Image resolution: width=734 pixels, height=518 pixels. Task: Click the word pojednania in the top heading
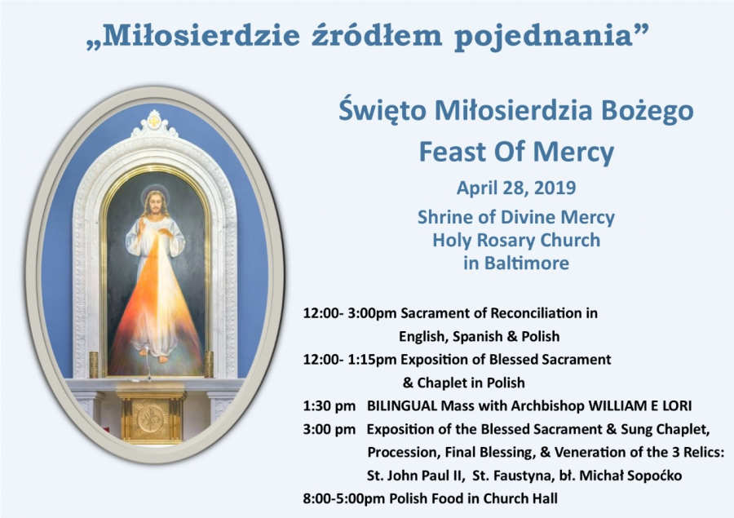coord(545,37)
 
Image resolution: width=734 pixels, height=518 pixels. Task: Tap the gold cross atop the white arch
coord(154,122)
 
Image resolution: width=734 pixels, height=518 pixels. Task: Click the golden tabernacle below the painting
coord(151,417)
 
